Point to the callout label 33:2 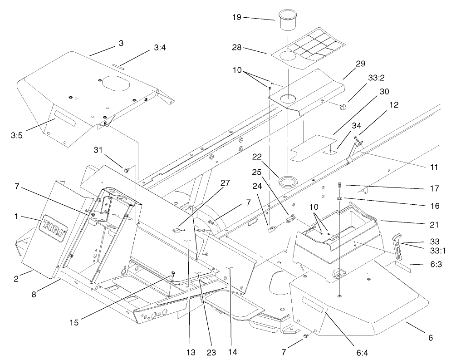(x=363, y=78)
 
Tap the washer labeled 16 (x=340, y=198)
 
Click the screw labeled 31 (x=127, y=170)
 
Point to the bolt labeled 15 (x=173, y=275)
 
